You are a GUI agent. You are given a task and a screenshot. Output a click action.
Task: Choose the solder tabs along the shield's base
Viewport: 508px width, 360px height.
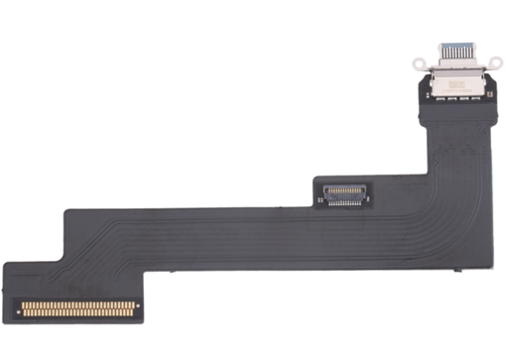(x=457, y=100)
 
